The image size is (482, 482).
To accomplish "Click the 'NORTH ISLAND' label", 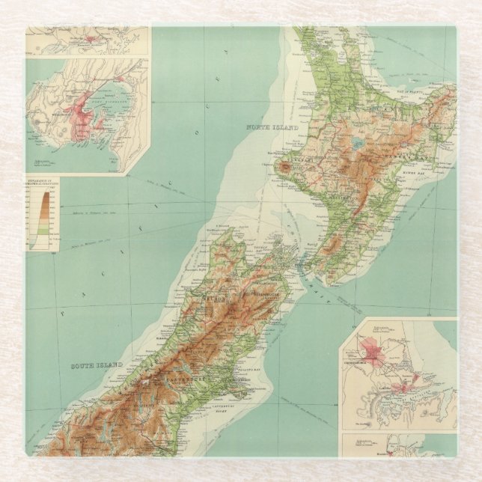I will coord(272,128).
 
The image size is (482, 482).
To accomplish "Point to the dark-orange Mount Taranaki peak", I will coord(285,168).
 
